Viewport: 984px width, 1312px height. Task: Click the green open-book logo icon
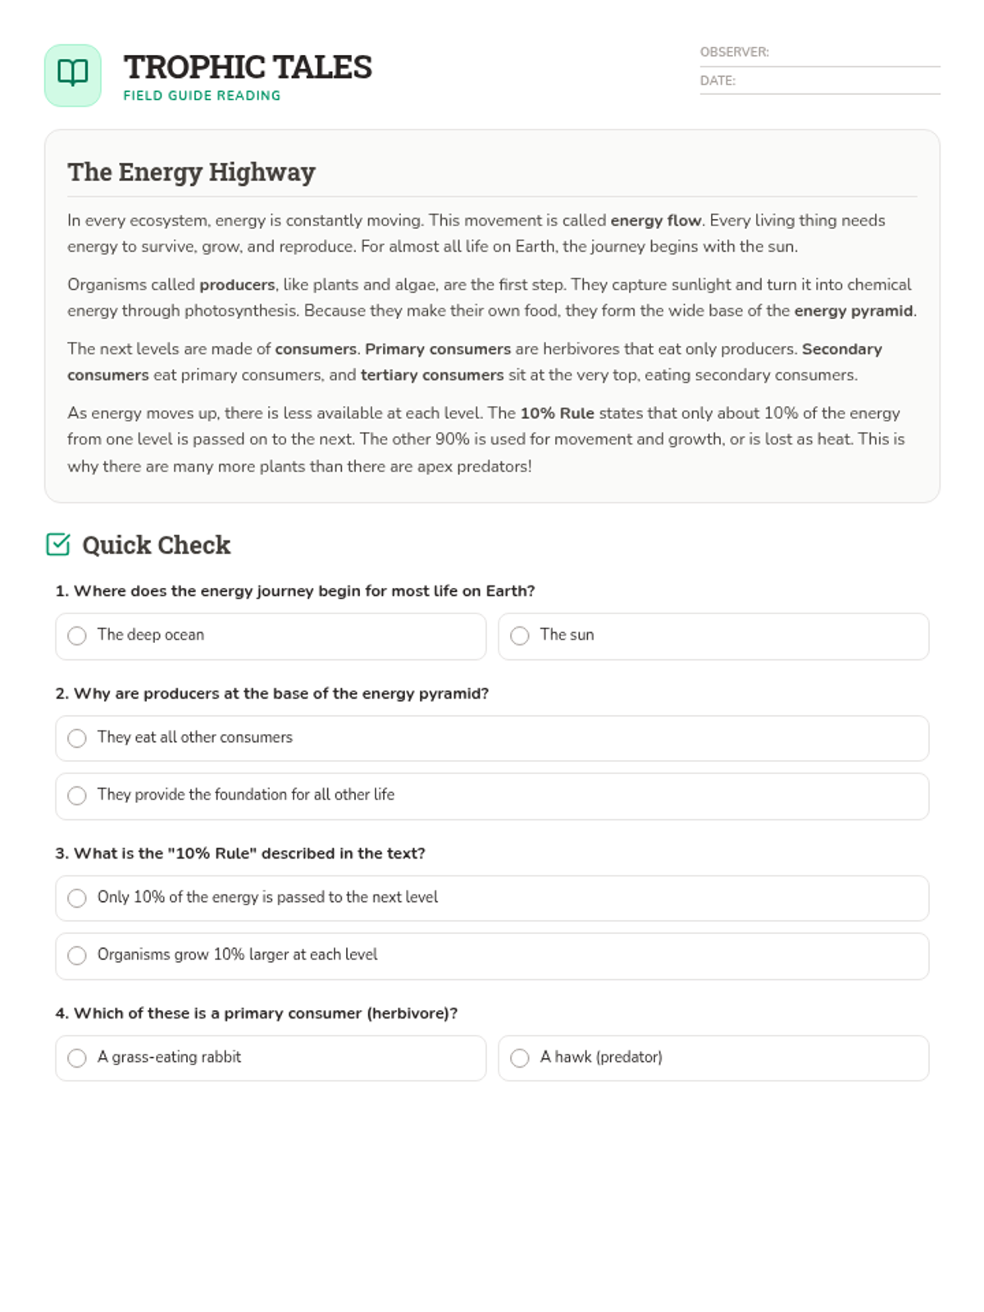click(73, 75)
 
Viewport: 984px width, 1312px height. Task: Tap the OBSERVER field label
click(734, 52)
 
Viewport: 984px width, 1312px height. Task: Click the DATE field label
click(717, 80)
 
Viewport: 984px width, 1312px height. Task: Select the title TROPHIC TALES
click(248, 67)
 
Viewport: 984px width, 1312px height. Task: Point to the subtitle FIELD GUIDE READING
click(202, 96)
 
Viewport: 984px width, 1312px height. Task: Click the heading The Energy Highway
click(191, 172)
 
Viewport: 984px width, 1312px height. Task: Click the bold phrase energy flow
click(655, 221)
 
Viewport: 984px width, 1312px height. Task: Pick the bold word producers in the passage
click(237, 285)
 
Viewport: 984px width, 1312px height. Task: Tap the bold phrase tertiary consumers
click(432, 375)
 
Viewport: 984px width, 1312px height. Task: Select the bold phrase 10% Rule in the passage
click(557, 413)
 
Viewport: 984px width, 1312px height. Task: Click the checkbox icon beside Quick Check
click(58, 544)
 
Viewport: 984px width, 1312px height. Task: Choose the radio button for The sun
click(520, 635)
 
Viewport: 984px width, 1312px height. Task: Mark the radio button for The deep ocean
click(77, 635)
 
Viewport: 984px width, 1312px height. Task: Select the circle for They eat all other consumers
click(77, 738)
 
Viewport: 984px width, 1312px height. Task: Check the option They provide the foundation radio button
click(77, 795)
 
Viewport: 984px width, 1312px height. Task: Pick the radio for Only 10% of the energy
click(77, 898)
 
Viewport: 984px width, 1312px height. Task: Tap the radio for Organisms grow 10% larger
click(77, 955)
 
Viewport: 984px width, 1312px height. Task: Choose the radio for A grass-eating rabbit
click(77, 1058)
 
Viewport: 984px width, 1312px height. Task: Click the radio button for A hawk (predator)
click(520, 1058)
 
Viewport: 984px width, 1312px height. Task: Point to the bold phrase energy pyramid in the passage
click(853, 311)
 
